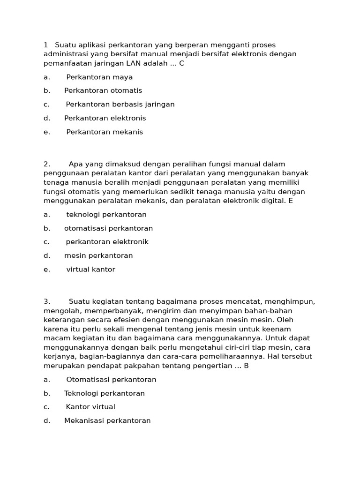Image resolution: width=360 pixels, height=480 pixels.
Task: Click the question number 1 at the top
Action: pos(45,45)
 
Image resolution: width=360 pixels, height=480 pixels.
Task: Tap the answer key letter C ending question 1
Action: pos(182,63)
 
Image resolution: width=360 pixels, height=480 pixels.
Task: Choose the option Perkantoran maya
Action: pos(99,77)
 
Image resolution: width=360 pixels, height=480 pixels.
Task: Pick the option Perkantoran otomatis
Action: pos(103,90)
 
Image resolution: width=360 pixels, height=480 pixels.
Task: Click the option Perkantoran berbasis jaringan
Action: pos(120,104)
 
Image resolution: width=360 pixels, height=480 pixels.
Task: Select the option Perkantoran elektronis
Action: pos(105,118)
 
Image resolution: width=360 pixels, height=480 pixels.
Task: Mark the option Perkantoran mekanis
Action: pos(105,132)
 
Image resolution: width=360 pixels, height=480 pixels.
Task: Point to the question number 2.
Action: pos(46,164)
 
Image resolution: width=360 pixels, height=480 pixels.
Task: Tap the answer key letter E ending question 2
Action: pos(291,201)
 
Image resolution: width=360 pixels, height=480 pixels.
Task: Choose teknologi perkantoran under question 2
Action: pos(106,215)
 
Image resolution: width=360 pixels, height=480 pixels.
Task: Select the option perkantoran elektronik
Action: pos(107,242)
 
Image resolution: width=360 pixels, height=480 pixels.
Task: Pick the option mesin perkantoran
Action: pos(98,256)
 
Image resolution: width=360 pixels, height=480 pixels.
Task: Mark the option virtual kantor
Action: pos(90,270)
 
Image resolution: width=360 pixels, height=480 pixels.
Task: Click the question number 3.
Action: pos(46,301)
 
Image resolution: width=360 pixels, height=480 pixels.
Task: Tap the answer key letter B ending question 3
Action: pos(246,366)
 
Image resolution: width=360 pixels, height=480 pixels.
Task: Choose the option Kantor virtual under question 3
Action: pos(90,407)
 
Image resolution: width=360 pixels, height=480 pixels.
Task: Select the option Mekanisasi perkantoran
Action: pos(107,420)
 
